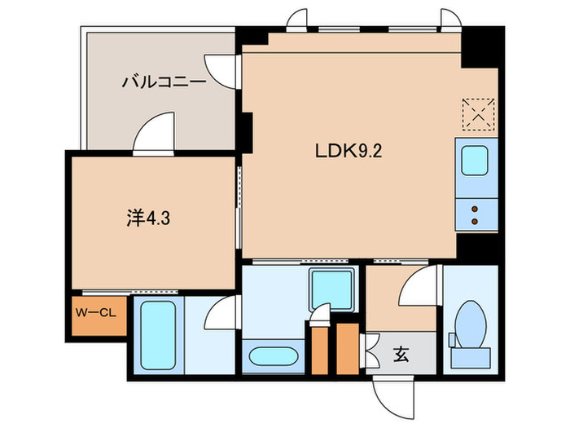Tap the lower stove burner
[476, 220]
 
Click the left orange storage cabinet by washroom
[318, 345]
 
